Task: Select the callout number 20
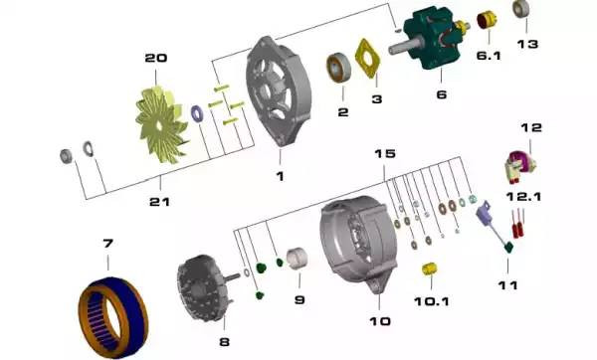[156, 58]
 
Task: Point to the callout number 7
[107, 243]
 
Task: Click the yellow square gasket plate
[367, 59]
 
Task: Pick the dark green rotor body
[430, 39]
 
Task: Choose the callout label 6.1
[489, 56]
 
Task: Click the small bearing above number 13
[520, 9]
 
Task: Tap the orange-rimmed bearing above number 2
[338, 68]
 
